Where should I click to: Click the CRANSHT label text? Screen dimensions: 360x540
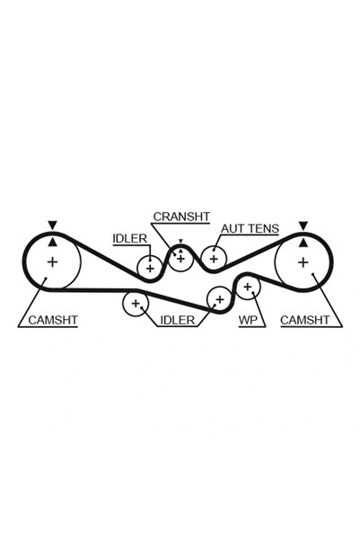181,217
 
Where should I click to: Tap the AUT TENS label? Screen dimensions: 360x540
250,229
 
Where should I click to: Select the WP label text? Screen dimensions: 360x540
248,320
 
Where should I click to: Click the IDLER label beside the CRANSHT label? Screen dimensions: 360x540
130,238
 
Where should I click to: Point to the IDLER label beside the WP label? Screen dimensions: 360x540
178,320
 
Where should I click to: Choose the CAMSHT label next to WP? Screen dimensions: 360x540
305,320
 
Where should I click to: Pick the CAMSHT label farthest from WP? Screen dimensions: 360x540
53,320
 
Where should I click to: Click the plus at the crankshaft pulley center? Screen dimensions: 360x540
181,258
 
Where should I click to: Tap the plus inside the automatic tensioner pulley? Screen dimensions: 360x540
214,258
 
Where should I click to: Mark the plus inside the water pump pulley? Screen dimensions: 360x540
248,287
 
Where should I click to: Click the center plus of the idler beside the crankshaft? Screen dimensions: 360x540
150,268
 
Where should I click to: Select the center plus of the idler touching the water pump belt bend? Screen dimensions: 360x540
220,299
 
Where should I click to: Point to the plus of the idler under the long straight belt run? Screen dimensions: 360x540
136,304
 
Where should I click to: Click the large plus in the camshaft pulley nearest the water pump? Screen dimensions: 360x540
303,262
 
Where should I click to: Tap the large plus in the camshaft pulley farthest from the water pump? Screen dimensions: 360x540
52,262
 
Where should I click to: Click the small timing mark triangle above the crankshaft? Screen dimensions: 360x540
180,241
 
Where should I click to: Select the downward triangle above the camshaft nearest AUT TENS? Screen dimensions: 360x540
303,226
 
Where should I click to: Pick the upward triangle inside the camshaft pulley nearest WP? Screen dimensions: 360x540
303,243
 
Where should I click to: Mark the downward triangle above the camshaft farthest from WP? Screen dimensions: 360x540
52,226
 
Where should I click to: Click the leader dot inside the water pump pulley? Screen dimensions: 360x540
252,293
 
